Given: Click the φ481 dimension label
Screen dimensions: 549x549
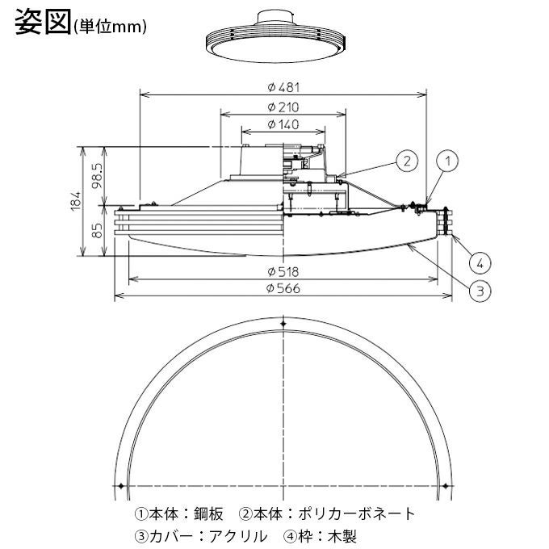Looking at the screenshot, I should [283, 87].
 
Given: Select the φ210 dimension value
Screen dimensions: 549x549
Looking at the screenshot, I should [283, 107].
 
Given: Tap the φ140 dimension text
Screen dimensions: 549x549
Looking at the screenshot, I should [283, 124].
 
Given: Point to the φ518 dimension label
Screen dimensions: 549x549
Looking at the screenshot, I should [283, 270].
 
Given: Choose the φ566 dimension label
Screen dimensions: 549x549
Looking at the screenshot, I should [283, 289].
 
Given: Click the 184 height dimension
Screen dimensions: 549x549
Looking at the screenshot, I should [75, 202].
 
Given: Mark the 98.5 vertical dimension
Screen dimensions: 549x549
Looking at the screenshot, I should [97, 175].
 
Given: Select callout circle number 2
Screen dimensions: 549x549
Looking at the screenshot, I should [407, 161].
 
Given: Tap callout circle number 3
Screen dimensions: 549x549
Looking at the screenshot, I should [479, 291].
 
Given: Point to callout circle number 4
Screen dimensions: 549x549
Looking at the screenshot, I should [479, 262].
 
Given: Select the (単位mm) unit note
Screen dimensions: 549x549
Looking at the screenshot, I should [110, 26].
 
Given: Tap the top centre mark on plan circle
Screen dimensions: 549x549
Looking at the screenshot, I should [283, 324].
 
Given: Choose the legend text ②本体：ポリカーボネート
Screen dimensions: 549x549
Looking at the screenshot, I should [327, 513].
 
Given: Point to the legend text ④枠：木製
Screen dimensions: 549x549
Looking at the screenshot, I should [320, 534].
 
